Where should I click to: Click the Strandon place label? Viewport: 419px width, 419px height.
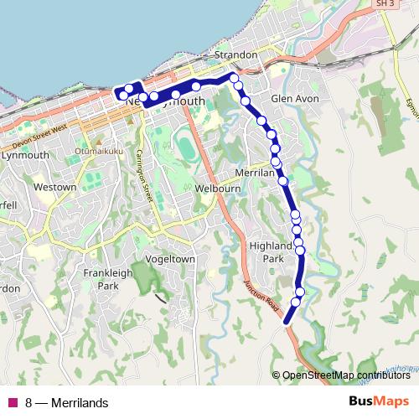click(x=235, y=54)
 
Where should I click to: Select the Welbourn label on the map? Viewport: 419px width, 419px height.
click(x=217, y=189)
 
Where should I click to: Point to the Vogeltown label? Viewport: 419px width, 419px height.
click(x=170, y=260)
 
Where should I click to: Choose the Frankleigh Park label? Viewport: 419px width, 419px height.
click(x=108, y=280)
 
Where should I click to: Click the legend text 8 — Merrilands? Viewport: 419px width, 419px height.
click(x=67, y=403)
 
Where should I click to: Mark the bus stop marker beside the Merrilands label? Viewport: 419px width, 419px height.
click(x=283, y=180)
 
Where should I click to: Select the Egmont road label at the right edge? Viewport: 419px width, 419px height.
click(x=411, y=105)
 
